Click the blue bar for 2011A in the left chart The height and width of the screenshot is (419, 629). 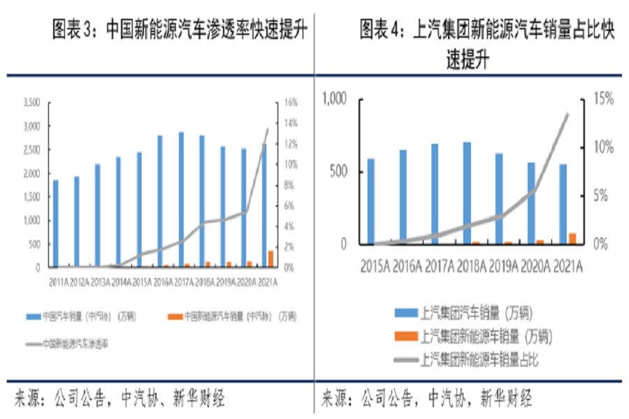(x=56, y=223)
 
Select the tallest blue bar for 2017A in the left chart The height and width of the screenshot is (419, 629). (x=181, y=200)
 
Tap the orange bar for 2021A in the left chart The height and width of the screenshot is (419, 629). (x=270, y=258)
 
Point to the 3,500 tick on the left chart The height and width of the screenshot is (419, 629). (x=32, y=103)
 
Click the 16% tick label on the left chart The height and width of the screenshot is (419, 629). (x=291, y=103)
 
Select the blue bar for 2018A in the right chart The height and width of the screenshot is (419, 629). (x=468, y=193)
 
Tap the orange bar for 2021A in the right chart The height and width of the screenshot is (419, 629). (x=572, y=238)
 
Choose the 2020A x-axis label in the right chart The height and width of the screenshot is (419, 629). (x=535, y=265)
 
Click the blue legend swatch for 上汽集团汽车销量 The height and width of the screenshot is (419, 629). (x=405, y=312)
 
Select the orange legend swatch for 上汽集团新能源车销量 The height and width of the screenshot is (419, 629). (x=405, y=337)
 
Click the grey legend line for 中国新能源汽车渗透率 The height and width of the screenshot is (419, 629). (x=33, y=343)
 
